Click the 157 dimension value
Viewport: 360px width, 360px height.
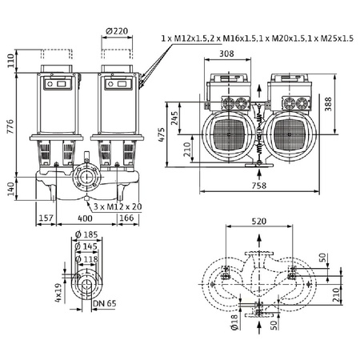tap(46, 218)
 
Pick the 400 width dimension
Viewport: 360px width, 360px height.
tap(84, 218)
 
